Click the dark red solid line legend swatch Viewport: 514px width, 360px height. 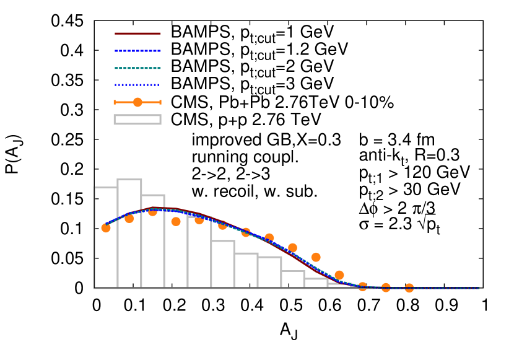(137, 33)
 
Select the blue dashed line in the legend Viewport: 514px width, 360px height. (137, 51)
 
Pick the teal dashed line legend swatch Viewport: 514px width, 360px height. (137, 68)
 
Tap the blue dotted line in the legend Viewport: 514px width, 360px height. (137, 85)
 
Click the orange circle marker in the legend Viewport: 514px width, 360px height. (137, 102)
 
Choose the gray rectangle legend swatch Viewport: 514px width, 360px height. (137, 120)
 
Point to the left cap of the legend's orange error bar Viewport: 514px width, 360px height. (115, 102)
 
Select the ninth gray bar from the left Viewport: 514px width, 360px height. (293, 279)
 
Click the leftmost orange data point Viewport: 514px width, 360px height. (106, 227)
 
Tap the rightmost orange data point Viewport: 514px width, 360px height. (409, 288)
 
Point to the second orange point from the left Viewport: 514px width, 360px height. (129, 218)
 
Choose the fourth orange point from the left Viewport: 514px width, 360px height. (176, 221)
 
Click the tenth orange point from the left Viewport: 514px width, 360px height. (316, 257)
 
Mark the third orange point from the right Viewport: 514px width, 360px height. (363, 286)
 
